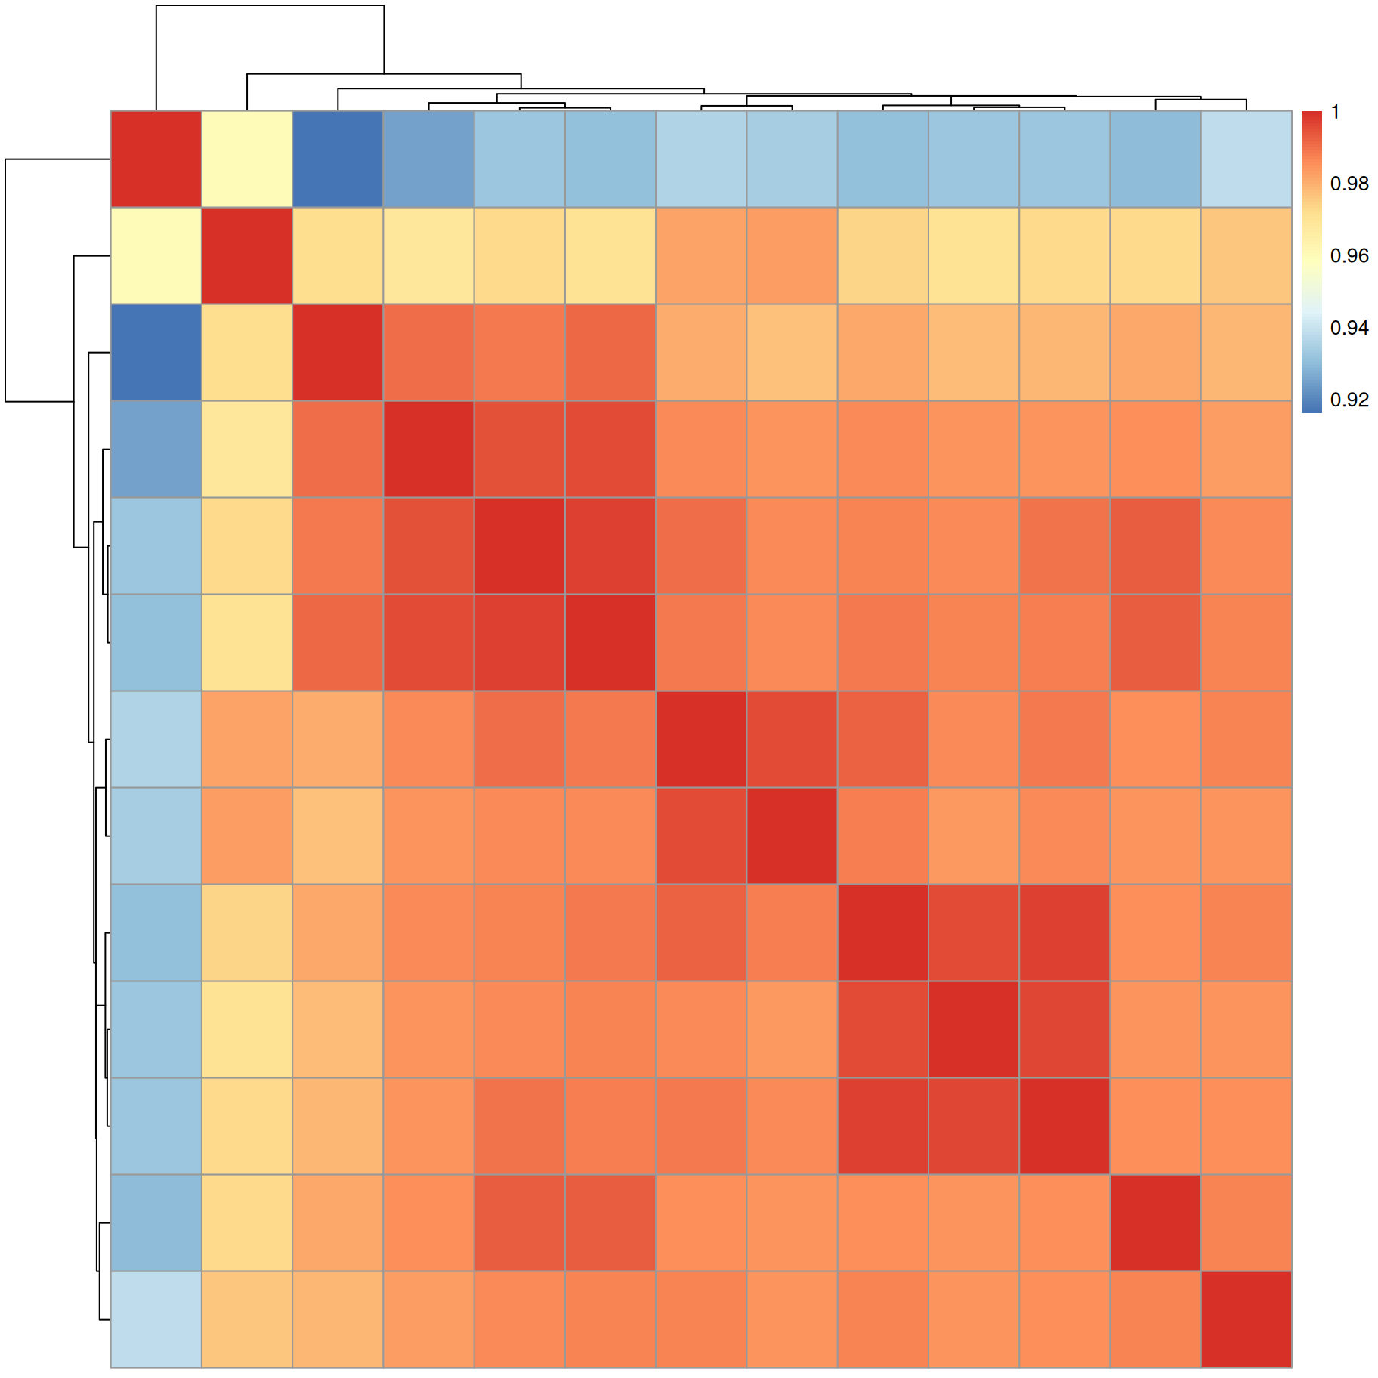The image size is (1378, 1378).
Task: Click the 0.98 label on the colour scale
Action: [x=1349, y=184]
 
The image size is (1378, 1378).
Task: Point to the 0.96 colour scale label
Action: [x=1349, y=256]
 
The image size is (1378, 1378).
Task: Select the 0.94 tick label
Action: [x=1349, y=328]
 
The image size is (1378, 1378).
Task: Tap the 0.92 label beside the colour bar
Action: [x=1349, y=400]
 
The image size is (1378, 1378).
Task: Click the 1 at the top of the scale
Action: [x=1336, y=112]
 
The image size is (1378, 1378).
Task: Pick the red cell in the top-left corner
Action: [x=156, y=159]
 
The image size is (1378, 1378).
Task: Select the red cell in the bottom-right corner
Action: [x=1247, y=1319]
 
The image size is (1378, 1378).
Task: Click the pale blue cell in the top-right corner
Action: [x=1247, y=159]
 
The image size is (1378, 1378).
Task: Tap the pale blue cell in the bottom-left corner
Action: [x=156, y=1319]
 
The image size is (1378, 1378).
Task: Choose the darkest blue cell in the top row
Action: [x=338, y=159]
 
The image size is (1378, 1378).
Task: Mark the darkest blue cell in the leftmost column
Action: [x=156, y=352]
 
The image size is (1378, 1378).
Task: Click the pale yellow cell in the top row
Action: [x=247, y=159]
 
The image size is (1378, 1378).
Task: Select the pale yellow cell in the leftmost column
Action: [x=156, y=255]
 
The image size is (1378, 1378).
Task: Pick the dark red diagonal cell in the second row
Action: [x=247, y=255]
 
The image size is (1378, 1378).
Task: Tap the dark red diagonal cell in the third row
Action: [x=338, y=352]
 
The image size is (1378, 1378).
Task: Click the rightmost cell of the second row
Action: [x=1247, y=255]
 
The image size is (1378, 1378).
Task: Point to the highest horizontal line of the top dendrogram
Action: [x=270, y=5]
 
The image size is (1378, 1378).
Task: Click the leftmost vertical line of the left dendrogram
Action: [x=6, y=280]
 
